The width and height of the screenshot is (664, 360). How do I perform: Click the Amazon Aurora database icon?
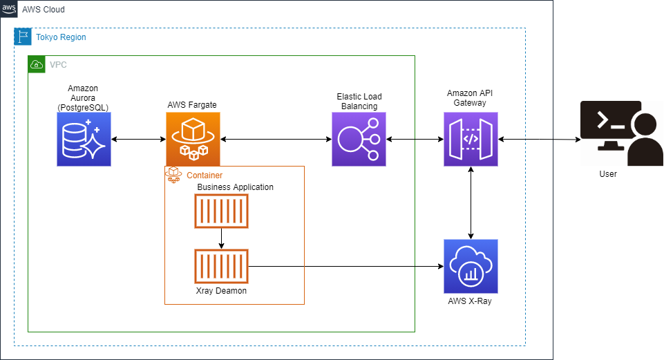[x=84, y=140]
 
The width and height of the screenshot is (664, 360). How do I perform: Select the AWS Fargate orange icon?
[x=193, y=140]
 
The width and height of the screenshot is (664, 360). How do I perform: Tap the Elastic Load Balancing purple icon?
[x=359, y=140]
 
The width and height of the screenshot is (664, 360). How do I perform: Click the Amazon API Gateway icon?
[x=471, y=140]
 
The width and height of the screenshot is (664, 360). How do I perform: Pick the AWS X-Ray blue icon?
[x=471, y=266]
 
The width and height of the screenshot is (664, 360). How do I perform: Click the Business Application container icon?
[x=221, y=211]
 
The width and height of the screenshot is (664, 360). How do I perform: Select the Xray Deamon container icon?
[x=221, y=267]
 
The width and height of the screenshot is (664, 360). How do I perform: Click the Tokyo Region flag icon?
[x=23, y=37]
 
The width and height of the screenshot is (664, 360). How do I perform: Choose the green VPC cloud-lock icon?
[x=36, y=64]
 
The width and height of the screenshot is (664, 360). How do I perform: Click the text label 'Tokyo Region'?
[x=61, y=37]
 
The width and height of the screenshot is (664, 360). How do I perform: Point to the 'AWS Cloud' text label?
[x=44, y=10]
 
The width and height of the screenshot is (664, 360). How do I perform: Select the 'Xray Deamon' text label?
[x=221, y=291]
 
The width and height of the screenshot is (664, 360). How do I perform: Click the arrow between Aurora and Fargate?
[x=138, y=140]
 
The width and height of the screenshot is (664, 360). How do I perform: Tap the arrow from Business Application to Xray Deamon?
[x=221, y=238]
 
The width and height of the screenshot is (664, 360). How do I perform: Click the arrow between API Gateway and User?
[x=539, y=140]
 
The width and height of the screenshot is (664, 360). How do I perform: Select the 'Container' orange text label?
[x=205, y=176]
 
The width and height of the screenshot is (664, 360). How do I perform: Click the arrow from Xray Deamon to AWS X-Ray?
[x=345, y=267]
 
